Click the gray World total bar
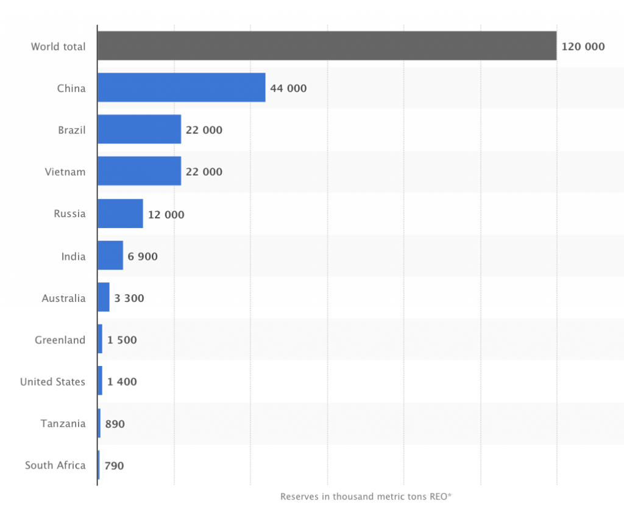(x=327, y=46)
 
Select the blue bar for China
(x=181, y=88)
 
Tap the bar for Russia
(x=120, y=214)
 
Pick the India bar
(x=110, y=256)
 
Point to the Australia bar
(x=104, y=298)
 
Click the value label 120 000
(x=583, y=46)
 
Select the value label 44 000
(x=288, y=88)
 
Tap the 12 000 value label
(x=166, y=215)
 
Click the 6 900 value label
(x=143, y=257)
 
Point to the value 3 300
(x=129, y=298)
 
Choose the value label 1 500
(x=122, y=340)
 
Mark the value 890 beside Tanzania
(x=115, y=423)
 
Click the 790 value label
(x=114, y=465)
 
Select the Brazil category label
(x=72, y=130)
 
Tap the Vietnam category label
(x=65, y=172)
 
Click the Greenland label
(x=60, y=340)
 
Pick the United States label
(x=53, y=382)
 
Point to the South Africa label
(x=55, y=465)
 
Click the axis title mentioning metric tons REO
(x=366, y=497)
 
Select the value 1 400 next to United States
(x=122, y=382)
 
